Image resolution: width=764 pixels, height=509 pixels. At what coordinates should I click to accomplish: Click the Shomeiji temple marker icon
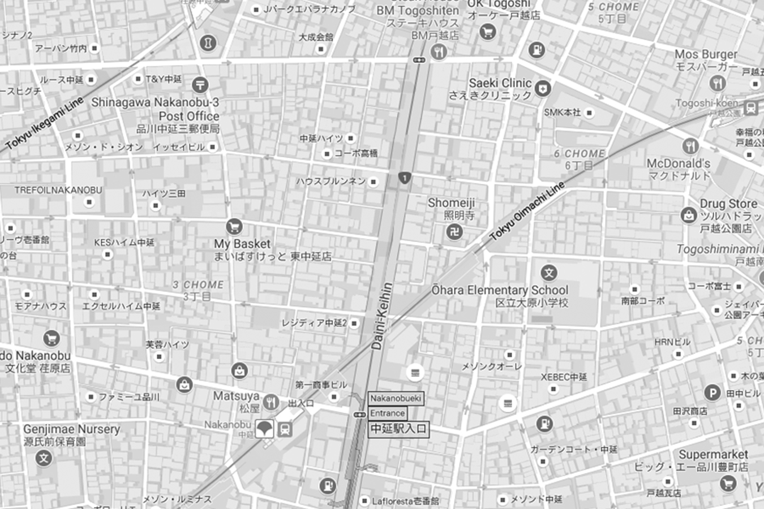click(x=454, y=231)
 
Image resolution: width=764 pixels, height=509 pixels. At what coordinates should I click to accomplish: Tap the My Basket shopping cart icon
click(x=234, y=227)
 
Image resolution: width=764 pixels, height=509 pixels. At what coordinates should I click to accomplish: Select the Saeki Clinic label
click(x=500, y=83)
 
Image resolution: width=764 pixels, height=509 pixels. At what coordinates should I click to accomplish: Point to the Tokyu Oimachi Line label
click(x=527, y=211)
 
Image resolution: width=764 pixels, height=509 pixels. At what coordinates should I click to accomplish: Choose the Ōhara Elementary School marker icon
click(x=548, y=273)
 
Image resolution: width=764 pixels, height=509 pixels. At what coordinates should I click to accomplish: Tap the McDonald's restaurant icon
click(x=690, y=146)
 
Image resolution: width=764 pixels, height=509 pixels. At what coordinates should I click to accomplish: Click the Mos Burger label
click(x=706, y=54)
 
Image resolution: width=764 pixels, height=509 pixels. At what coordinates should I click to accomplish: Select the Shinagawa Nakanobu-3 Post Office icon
click(x=199, y=85)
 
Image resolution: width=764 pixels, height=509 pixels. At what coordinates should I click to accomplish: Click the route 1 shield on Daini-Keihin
click(x=404, y=178)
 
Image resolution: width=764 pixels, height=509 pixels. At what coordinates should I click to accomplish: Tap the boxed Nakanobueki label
click(x=396, y=398)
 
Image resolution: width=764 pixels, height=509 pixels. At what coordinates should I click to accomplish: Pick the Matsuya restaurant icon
click(x=271, y=401)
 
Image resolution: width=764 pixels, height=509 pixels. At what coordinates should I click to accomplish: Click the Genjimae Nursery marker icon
click(x=44, y=458)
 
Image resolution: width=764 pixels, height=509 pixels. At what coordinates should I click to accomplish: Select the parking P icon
click(x=713, y=392)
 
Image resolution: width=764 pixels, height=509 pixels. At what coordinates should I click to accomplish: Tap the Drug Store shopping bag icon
click(x=688, y=215)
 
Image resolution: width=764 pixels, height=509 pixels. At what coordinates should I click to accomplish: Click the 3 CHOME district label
click(x=198, y=285)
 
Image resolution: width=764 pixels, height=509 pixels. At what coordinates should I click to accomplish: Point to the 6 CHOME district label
click(x=579, y=154)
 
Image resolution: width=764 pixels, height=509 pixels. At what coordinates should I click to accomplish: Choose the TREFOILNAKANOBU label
click(x=58, y=190)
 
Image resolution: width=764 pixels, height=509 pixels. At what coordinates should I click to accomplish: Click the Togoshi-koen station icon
click(x=751, y=107)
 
